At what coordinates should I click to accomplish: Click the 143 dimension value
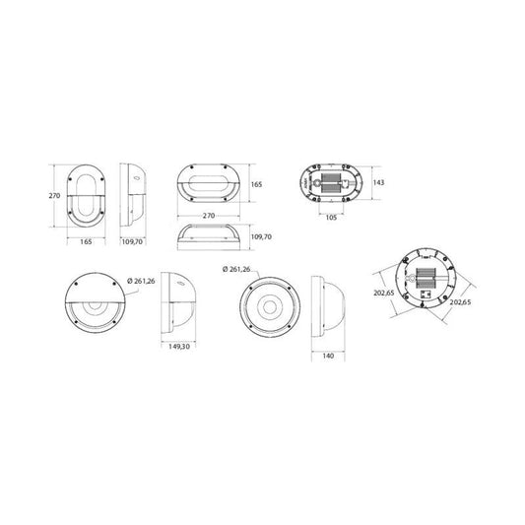click(x=378, y=182)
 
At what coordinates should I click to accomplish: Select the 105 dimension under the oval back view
click(x=331, y=218)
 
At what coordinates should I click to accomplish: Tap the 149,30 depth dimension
click(x=179, y=347)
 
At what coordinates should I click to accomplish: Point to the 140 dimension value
click(x=328, y=356)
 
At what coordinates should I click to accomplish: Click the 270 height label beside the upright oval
click(x=54, y=196)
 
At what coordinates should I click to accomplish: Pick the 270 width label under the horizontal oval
click(x=209, y=216)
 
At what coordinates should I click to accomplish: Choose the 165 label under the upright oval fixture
click(x=86, y=241)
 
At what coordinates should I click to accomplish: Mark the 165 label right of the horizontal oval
click(x=257, y=184)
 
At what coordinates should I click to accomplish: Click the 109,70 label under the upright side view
click(x=132, y=241)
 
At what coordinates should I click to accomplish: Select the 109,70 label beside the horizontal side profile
click(x=261, y=236)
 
